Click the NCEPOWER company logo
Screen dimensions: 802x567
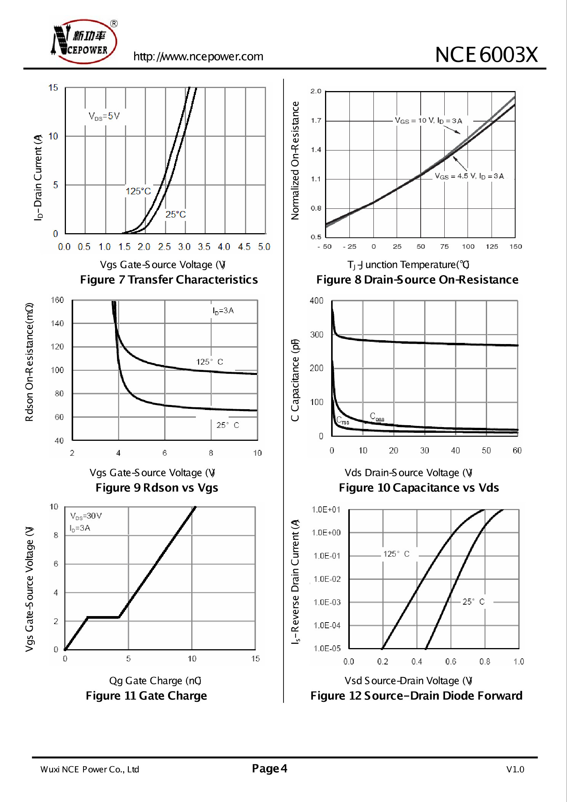84,41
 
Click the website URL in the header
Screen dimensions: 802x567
198,56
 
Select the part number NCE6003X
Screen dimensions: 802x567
486,55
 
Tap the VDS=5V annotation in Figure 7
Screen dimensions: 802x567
104,116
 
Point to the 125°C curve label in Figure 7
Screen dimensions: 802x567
138,191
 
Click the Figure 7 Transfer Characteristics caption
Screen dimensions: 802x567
169,280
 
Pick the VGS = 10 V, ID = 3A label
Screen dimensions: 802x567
428,121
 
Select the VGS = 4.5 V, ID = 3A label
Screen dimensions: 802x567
469,176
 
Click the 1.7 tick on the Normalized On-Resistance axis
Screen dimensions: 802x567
316,121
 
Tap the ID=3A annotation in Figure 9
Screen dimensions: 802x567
223,311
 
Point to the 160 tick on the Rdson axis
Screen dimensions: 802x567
57,300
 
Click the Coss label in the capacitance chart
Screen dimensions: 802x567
377,416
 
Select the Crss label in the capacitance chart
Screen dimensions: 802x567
343,421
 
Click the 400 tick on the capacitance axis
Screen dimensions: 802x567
316,301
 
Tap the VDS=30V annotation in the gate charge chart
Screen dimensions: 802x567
86,516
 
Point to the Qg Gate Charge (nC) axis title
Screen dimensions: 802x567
155,680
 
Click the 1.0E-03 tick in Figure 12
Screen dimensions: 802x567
327,602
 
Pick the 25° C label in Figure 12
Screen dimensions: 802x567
473,602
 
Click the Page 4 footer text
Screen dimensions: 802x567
269,768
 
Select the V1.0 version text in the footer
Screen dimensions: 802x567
515,769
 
